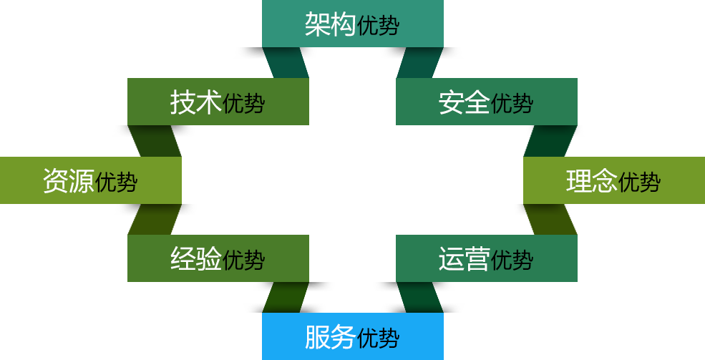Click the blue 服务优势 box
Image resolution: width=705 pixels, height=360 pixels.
coord(352,336)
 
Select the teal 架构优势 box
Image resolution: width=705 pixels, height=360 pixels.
coord(352,24)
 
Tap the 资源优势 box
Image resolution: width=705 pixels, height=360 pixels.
coord(90,180)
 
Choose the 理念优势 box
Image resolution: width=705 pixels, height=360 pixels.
coord(613,180)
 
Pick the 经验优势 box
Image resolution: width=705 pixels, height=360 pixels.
coord(218,258)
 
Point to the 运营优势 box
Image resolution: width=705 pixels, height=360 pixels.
coord(486,258)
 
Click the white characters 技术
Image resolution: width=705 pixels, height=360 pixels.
coord(195,102)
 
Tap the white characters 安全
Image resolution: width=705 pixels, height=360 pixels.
coord(464,102)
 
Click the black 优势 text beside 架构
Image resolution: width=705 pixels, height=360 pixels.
coord(378,26)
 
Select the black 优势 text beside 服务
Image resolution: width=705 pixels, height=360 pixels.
coord(378,338)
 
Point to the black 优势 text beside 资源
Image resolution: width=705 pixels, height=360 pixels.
coord(116,182)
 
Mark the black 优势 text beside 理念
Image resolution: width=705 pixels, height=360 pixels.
coord(639,182)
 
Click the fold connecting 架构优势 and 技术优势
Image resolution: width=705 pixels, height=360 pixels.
coord(286,63)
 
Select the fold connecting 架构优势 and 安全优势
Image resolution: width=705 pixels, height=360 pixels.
coord(419,63)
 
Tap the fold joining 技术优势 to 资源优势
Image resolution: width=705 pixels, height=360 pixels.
coord(155,141)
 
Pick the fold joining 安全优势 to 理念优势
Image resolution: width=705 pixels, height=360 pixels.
coord(550,141)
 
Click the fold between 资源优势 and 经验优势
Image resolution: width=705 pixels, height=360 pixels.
coord(155,219)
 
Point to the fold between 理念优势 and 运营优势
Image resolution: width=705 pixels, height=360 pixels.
coord(550,219)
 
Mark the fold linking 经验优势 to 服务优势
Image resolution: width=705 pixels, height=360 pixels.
coord(286,297)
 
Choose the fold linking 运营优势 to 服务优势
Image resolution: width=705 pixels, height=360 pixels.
coord(419,297)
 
